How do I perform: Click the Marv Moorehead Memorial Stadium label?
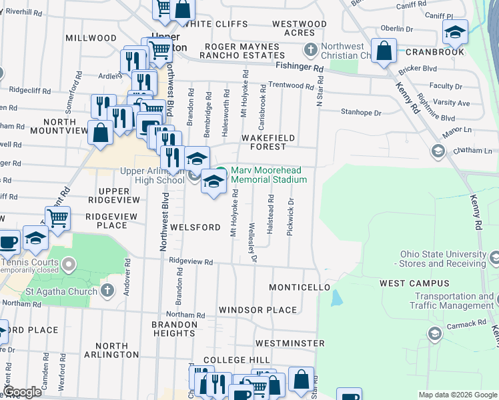coord(268,175)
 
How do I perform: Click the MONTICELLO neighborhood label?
coord(300,287)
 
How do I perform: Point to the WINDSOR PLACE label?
coord(258,310)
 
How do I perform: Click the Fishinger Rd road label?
coord(299,67)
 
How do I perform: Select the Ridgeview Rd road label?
coord(191,262)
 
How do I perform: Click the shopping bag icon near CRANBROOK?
coord(384,51)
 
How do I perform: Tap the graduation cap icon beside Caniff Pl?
coord(455,31)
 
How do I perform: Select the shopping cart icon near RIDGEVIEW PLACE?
coord(58,217)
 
